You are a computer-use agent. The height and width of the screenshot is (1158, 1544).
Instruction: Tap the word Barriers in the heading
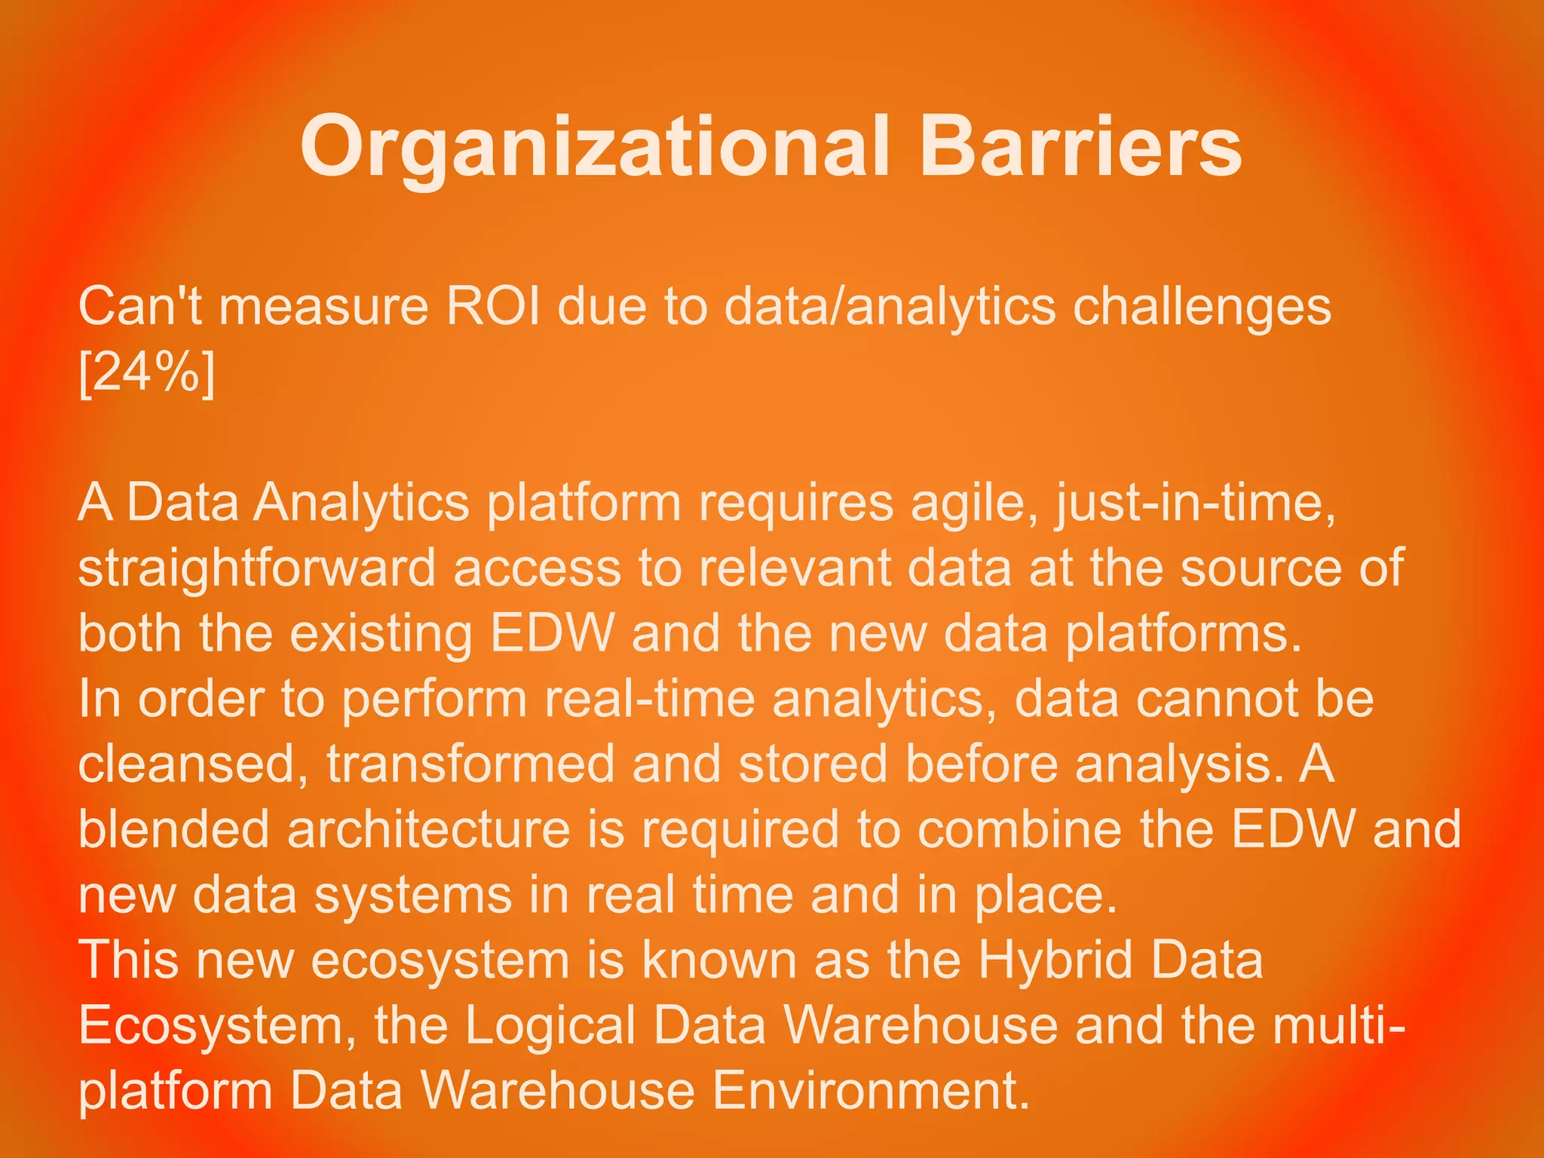(1080, 147)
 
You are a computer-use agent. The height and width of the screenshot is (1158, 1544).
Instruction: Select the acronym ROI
(493, 308)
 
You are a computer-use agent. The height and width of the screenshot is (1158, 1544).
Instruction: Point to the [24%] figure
(147, 372)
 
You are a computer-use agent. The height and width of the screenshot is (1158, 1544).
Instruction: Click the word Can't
(140, 308)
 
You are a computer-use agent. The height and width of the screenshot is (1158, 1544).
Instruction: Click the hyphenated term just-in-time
(1196, 503)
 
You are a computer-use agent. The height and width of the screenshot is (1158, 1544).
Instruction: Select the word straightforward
(257, 568)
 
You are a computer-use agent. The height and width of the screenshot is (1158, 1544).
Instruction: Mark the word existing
(381, 633)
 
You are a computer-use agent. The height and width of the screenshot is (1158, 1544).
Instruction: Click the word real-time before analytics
(649, 699)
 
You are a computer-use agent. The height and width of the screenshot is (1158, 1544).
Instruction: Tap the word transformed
(470, 764)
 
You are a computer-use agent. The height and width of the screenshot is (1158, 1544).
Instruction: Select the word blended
(174, 829)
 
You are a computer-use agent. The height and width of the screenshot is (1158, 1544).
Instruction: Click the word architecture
(428, 829)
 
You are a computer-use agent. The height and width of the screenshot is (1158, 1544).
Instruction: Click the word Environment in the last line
(871, 1091)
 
